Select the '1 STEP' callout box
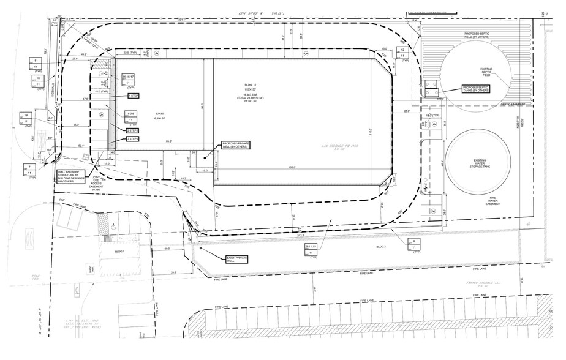133,96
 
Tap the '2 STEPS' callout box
132,130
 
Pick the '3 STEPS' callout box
132,139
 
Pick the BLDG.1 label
120,252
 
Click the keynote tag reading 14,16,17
132,76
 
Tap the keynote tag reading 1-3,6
131,113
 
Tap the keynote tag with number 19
26,115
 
